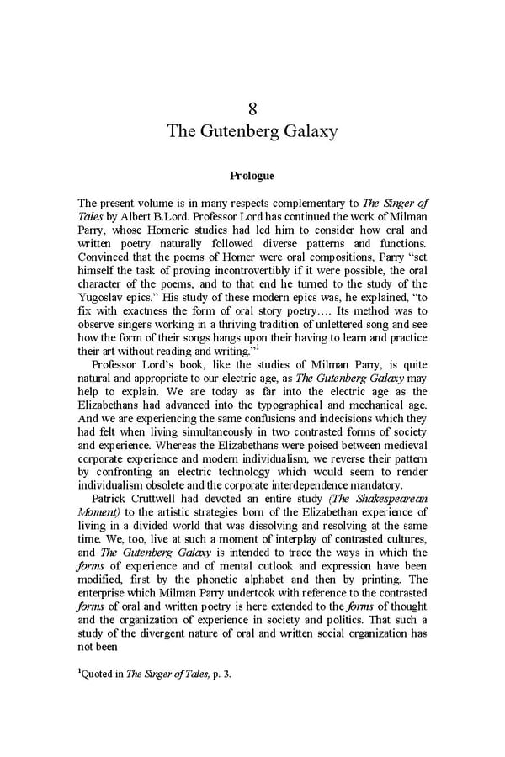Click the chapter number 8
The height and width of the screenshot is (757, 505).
pyautogui.click(x=252, y=109)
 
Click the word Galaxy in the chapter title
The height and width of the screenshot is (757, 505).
pyautogui.click(x=306, y=131)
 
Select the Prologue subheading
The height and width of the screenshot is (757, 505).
pyautogui.click(x=252, y=177)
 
